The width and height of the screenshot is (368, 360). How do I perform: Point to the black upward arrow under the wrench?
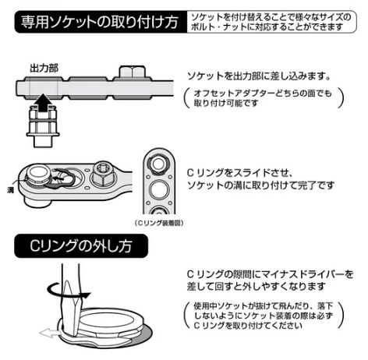41,99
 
